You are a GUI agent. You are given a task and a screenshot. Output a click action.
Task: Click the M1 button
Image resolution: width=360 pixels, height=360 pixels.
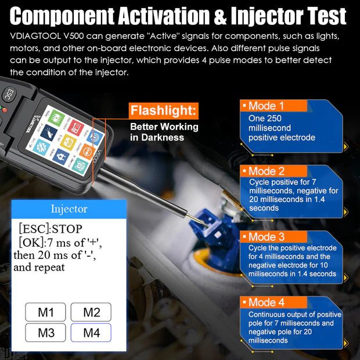tap(46, 312)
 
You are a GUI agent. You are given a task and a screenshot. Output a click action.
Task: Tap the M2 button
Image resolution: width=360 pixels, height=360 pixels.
tap(91, 312)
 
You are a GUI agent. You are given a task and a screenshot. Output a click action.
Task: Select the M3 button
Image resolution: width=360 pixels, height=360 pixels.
tap(46, 333)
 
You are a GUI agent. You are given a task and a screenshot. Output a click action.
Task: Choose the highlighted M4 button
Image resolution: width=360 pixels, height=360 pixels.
tap(91, 333)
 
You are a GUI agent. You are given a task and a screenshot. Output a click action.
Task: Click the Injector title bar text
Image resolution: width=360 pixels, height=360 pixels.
tap(69, 208)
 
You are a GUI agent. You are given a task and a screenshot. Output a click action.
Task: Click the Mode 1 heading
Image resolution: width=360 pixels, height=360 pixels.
tap(266, 106)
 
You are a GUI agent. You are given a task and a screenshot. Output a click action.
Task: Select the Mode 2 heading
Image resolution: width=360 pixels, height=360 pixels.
tap(266, 171)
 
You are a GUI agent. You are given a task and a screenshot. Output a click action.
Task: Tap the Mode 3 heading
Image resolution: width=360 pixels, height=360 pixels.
tap(266, 237)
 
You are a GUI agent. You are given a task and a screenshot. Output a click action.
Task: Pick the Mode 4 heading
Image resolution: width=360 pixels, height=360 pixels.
tap(266, 303)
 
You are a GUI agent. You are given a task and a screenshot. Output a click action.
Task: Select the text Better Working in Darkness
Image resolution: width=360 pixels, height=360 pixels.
tap(164, 132)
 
